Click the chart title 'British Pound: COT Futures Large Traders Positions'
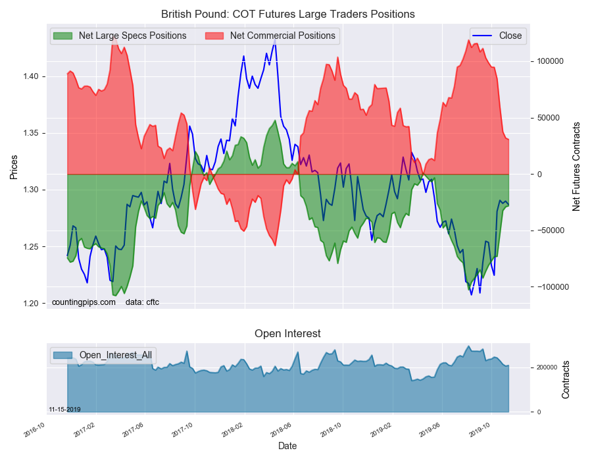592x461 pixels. pyautogui.click(x=287, y=14)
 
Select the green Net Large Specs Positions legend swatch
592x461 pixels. pyautogui.click(x=62, y=36)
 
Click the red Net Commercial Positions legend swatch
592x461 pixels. pyautogui.click(x=214, y=36)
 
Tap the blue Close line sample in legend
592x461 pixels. pyautogui.click(x=482, y=36)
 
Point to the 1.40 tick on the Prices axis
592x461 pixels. pyautogui.click(x=31, y=76)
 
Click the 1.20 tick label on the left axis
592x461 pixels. pyautogui.click(x=31, y=304)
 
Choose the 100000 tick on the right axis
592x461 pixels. pyautogui.click(x=550, y=62)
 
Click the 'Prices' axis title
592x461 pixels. pyautogui.click(x=14, y=167)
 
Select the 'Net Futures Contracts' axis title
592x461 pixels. pyautogui.click(x=576, y=167)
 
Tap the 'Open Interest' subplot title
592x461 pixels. pyautogui.click(x=287, y=334)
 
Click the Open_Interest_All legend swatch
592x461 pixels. pyautogui.click(x=62, y=355)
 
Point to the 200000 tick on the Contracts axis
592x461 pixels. pyautogui.click(x=547, y=367)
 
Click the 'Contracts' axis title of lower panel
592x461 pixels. pyautogui.click(x=566, y=380)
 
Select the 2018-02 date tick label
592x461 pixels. pyautogui.click(x=233, y=430)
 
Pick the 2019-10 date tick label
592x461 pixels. pyautogui.click(x=480, y=430)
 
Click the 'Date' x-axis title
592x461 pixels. pyautogui.click(x=287, y=447)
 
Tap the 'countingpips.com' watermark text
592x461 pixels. pyautogui.click(x=84, y=302)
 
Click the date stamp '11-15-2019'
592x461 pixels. pyautogui.click(x=64, y=410)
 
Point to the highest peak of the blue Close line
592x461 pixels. pyautogui.click(x=275, y=40)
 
